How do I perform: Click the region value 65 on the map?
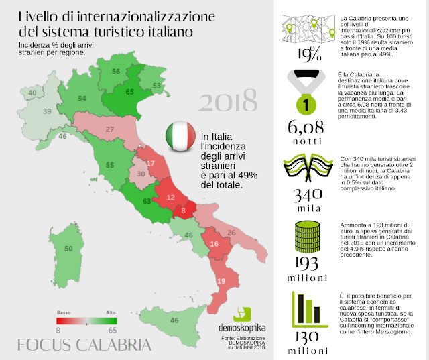[130, 92]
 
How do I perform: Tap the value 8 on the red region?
[184, 211]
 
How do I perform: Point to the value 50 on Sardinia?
[68, 249]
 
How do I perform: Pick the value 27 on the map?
[109, 129]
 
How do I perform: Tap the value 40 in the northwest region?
[32, 93]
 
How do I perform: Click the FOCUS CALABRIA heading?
[84, 345]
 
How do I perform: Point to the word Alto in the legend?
[111, 312]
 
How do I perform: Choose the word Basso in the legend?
[63, 312]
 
